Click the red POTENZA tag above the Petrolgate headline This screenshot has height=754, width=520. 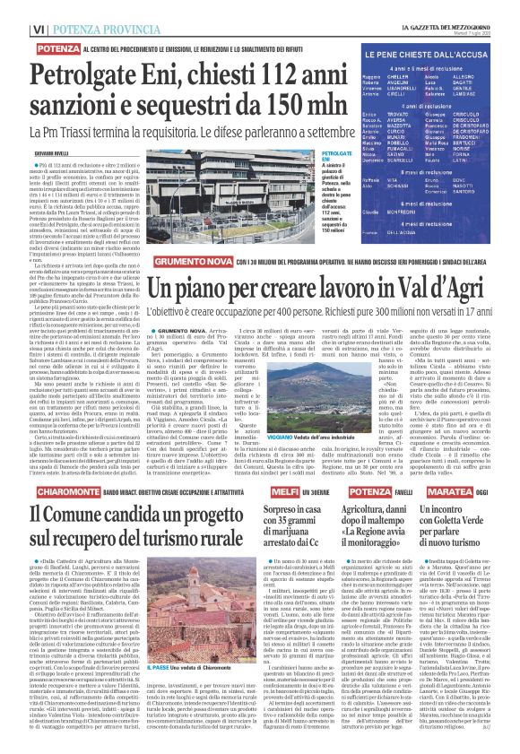pyautogui.click(x=59, y=47)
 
